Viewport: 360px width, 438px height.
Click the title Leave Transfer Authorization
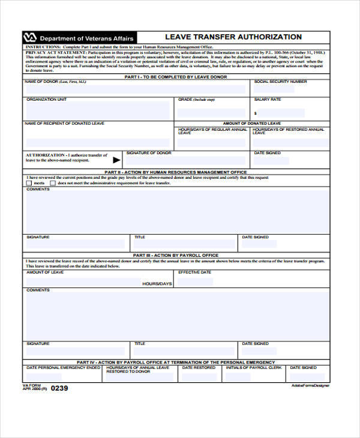coord(233,37)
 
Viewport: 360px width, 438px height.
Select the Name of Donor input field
coord(135,89)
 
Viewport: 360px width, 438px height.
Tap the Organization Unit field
coord(99,110)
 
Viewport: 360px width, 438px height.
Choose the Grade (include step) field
coord(211,110)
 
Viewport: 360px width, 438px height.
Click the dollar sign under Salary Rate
coord(256,113)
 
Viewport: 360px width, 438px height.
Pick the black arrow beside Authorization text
coord(116,160)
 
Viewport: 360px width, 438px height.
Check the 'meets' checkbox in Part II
coord(29,183)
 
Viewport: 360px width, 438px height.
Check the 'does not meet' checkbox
coord(53,183)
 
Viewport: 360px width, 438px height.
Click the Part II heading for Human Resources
coord(176,172)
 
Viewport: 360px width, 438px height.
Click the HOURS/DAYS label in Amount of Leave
coord(157,283)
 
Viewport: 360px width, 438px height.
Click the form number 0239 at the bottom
coord(59,388)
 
